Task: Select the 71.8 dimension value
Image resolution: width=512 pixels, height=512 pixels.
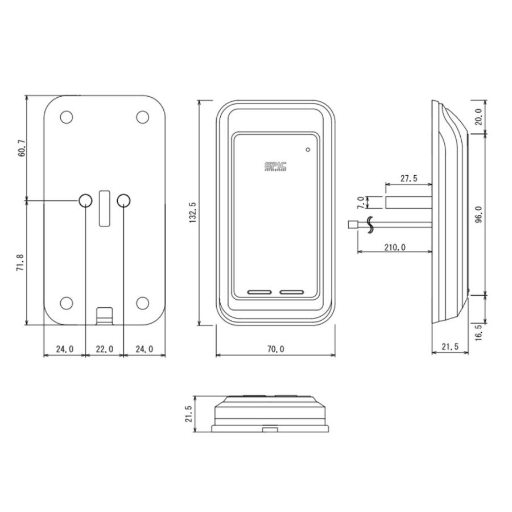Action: [x=22, y=263]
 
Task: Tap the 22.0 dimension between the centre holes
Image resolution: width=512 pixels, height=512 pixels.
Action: [x=104, y=349]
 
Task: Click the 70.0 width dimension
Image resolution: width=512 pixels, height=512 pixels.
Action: [x=275, y=349]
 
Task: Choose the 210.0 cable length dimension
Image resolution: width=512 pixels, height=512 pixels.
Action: [x=395, y=247]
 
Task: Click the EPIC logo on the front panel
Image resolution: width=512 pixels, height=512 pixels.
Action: [x=275, y=166]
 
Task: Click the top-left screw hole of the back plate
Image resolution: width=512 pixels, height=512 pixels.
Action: [x=67, y=117]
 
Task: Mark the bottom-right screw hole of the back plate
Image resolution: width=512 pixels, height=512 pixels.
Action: [x=142, y=303]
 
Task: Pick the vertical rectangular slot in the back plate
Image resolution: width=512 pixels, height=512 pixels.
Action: [x=104, y=208]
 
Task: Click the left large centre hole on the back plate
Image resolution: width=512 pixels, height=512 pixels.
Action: [x=85, y=200]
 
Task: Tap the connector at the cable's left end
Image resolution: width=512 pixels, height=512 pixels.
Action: [x=351, y=225]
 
